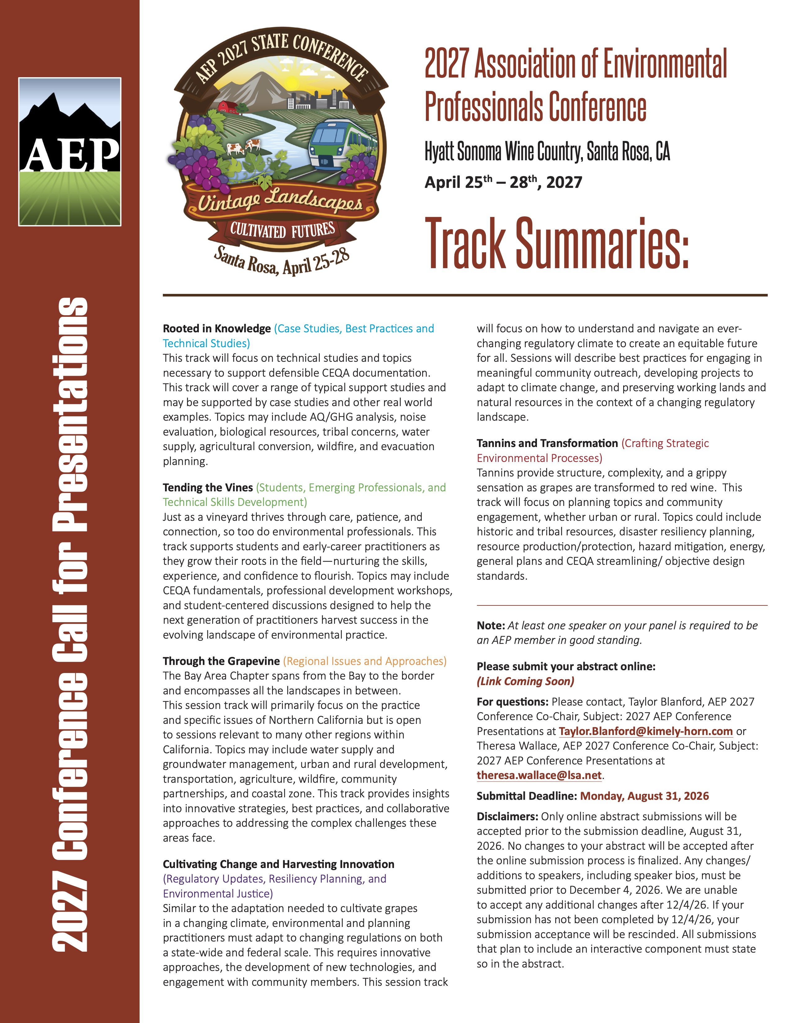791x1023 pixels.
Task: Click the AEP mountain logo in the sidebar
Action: point(70,151)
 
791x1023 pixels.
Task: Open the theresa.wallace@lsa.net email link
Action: point(539,775)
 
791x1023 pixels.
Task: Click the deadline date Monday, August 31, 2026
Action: point(644,796)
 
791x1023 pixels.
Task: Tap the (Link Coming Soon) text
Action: point(525,681)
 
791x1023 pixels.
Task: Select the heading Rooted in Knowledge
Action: point(217,328)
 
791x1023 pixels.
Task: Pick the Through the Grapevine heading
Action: point(221,661)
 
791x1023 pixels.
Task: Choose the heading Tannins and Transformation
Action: point(547,443)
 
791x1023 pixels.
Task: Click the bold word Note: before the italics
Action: point(490,625)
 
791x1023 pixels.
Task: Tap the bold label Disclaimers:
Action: point(507,817)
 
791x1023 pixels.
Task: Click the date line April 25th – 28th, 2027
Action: point(503,182)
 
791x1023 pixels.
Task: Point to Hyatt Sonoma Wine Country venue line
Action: point(547,151)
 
